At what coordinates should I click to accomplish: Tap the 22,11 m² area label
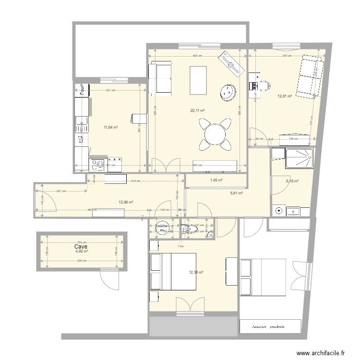point(197,110)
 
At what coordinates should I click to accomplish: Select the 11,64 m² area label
point(111,127)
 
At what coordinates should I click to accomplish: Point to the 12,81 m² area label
point(285,96)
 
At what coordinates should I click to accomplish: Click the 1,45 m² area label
point(217,180)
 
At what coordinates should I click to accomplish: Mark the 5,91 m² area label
point(237,193)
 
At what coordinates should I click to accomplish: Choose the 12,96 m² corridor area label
point(126,202)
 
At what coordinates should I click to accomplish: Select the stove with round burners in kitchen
point(98,165)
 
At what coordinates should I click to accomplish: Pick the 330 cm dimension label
point(287,56)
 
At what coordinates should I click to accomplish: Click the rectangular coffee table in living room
point(198,81)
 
